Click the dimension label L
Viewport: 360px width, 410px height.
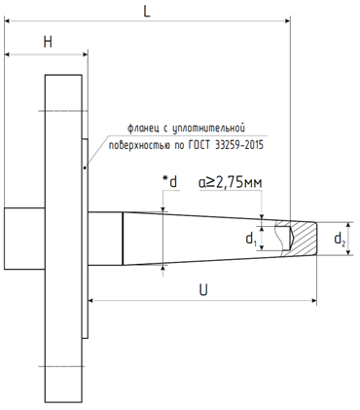tap(147, 12)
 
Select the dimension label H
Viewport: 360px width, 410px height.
tap(48, 42)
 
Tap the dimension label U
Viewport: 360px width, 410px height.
tap(203, 289)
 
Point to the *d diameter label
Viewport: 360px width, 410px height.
tap(170, 182)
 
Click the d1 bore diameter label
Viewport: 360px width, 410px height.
tap(251, 240)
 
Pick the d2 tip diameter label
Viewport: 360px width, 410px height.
tap(340, 240)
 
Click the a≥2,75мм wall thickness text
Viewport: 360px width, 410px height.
tap(231, 183)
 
